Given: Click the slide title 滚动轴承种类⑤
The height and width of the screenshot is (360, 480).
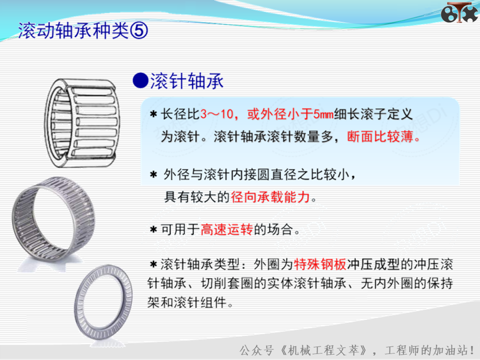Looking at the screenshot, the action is point(82,30).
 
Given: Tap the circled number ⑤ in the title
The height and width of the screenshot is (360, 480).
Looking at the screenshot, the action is point(139,30).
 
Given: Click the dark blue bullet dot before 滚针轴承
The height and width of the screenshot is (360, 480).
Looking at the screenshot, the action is point(140,80).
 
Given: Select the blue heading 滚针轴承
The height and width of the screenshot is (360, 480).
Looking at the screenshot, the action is point(186,81).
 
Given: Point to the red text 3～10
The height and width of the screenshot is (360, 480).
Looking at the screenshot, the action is point(217,114).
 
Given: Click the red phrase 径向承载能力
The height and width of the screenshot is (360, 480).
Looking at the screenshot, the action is point(270,197).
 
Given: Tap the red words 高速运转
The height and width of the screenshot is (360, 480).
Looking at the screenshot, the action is point(227,229).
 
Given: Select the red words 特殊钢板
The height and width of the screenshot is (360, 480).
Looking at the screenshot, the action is point(320,264).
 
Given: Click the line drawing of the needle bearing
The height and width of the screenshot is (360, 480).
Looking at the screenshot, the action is point(81,123).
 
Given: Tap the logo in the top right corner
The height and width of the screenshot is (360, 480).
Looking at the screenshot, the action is point(459,12).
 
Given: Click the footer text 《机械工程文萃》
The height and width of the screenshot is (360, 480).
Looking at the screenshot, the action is point(324,350).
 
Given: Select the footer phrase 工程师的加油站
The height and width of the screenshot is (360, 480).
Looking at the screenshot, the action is point(426,350).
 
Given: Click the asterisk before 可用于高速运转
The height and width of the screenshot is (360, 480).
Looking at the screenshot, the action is point(153,229).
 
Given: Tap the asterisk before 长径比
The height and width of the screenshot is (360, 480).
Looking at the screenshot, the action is point(153,115).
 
